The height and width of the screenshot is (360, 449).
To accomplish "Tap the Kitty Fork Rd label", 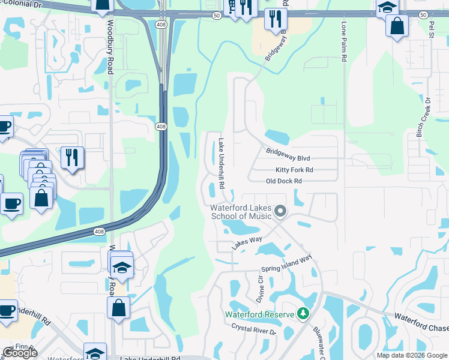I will click(294, 170).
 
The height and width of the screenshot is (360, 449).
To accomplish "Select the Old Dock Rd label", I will click(284, 181).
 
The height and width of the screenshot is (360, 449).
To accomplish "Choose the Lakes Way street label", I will click(247, 242).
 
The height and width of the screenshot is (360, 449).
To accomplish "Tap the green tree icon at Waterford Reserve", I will click(304, 314).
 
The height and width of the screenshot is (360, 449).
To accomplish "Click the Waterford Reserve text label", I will click(259, 314).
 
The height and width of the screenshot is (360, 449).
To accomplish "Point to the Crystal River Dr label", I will click(253, 329).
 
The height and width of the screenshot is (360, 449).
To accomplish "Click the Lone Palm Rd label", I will click(345, 43).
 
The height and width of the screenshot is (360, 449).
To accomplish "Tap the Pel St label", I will click(431, 29).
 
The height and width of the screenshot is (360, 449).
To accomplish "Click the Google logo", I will click(19, 352).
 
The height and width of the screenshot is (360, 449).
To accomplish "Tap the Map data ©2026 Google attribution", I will click(412, 355).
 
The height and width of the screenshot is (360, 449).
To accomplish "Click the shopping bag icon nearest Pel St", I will click(397, 26).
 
